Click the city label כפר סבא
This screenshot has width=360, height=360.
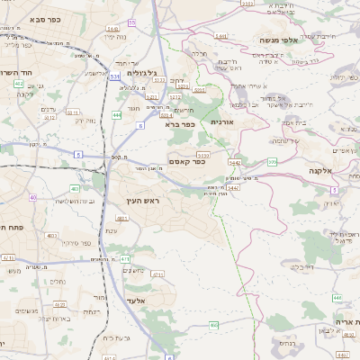[44, 18]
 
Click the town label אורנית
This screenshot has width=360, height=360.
[222, 121]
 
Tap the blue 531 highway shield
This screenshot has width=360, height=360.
[114, 77]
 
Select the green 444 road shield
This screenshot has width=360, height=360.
[116, 115]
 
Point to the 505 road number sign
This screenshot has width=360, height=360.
[272, 162]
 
